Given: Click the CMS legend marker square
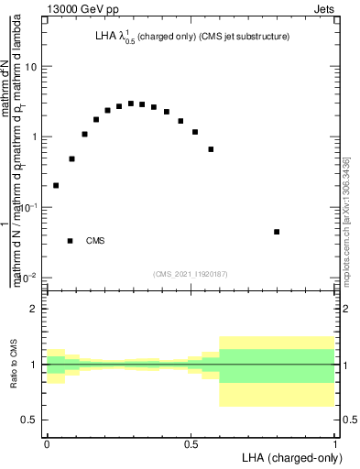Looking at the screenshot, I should (x=71, y=241).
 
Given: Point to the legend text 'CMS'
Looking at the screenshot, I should (x=95, y=241).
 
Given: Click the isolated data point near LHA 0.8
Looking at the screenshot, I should (x=277, y=232).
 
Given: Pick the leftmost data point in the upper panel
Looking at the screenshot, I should (x=56, y=185).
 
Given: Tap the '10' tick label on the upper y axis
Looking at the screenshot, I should (x=31, y=67).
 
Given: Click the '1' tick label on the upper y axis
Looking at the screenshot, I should (x=34, y=137).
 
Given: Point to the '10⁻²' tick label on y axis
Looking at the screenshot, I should (x=28, y=276).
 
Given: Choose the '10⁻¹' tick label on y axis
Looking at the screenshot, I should (x=28, y=207).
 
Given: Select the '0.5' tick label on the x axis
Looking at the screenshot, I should (x=191, y=443).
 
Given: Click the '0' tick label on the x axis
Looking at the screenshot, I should (x=47, y=443).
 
